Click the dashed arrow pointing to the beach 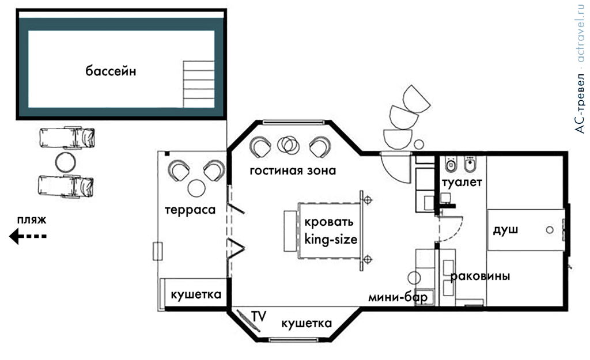click(27, 236)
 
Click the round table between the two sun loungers click(66, 162)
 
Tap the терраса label click(190, 210)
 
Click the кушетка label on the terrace click(196, 295)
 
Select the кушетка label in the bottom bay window click(307, 324)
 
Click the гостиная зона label click(292, 171)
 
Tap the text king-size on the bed click(331, 239)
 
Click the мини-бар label click(398, 298)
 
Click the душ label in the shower click(505, 230)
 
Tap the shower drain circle click(550, 230)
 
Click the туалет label click(462, 182)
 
